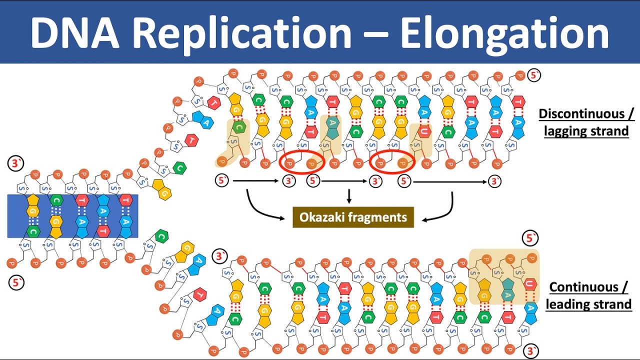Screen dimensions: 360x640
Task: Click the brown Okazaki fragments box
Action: tap(353, 217)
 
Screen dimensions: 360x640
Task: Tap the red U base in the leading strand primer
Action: tap(531, 284)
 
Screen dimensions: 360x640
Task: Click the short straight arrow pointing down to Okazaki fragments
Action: tap(349, 195)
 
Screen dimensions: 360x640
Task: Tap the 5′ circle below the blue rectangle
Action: tap(15, 283)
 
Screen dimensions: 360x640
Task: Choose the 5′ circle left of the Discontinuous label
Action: tap(533, 75)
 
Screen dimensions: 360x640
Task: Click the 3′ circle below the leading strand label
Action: tap(533, 349)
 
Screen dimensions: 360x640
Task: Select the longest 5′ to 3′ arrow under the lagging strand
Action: tap(450, 182)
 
